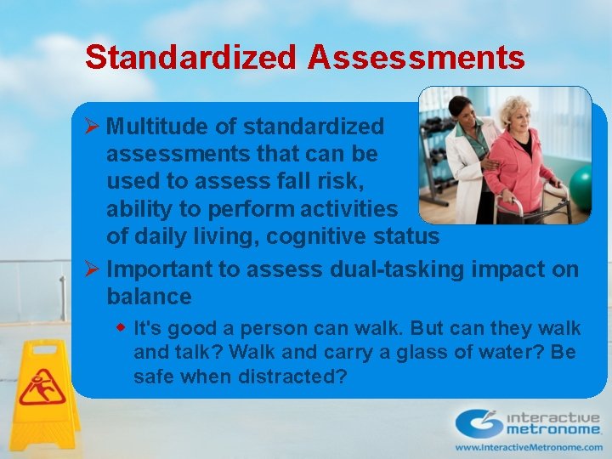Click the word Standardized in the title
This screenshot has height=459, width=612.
click(190, 57)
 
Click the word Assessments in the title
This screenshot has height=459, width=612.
click(416, 57)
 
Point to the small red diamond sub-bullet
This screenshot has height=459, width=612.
click(122, 327)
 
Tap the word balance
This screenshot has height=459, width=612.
click(149, 297)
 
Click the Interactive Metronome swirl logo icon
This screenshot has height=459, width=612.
click(478, 423)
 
